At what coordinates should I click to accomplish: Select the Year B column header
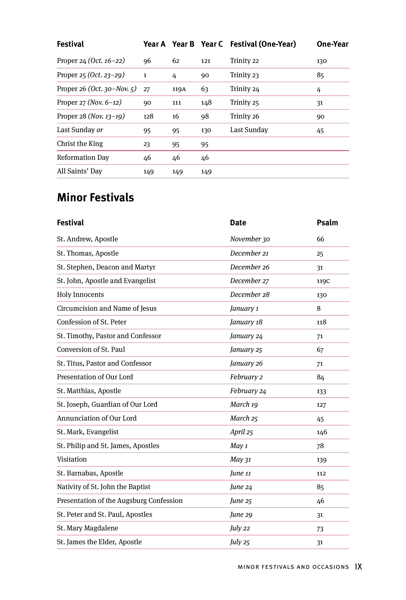[183, 44]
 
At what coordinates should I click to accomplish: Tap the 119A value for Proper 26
[179, 89]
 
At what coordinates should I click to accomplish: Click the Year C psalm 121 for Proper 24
[205, 61]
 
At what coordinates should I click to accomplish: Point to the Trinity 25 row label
[244, 102]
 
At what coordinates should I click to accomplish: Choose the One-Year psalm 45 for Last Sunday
[320, 130]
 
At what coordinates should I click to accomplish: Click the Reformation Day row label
[83, 157]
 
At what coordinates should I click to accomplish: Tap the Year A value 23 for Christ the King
[147, 144]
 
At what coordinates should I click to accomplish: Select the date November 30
[250, 239]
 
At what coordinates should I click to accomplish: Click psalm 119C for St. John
[323, 281]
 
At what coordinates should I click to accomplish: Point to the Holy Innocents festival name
[80, 294]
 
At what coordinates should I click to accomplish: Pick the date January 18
[246, 322]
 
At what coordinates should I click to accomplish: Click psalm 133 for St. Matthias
[321, 391]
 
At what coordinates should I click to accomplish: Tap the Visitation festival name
[72, 459]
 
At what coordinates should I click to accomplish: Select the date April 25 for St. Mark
[241, 432]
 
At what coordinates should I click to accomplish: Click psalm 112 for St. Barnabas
[321, 473]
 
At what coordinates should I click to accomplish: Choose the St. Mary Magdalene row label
[87, 528]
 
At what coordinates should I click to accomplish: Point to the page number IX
[358, 567]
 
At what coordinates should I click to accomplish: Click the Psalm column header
[327, 223]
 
